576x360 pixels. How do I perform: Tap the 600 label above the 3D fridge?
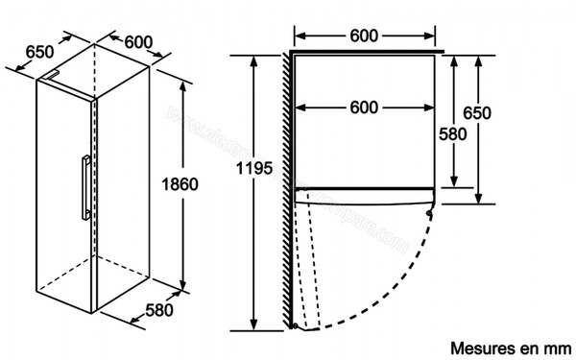(x=138, y=41)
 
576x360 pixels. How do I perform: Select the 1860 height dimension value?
(x=180, y=184)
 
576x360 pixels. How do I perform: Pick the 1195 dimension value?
(x=253, y=169)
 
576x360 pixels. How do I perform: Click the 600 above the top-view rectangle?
(x=363, y=36)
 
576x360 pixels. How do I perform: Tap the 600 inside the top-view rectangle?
(x=363, y=108)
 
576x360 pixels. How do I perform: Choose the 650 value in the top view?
(x=477, y=113)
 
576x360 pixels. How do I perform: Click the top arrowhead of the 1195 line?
(x=254, y=59)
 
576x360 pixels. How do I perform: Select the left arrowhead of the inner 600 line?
(x=299, y=108)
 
